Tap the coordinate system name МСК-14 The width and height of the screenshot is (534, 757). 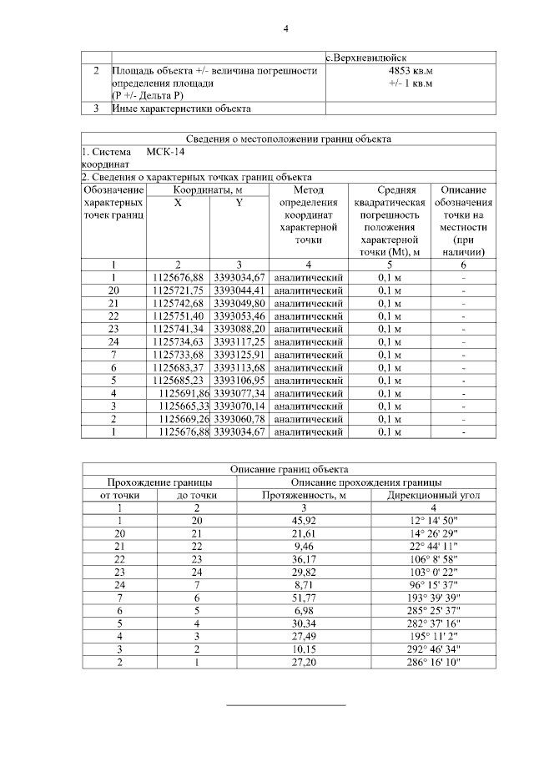point(165,153)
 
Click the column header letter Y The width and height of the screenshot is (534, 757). point(239,203)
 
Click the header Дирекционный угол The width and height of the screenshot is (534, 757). point(433,495)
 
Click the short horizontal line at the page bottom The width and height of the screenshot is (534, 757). point(287,706)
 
